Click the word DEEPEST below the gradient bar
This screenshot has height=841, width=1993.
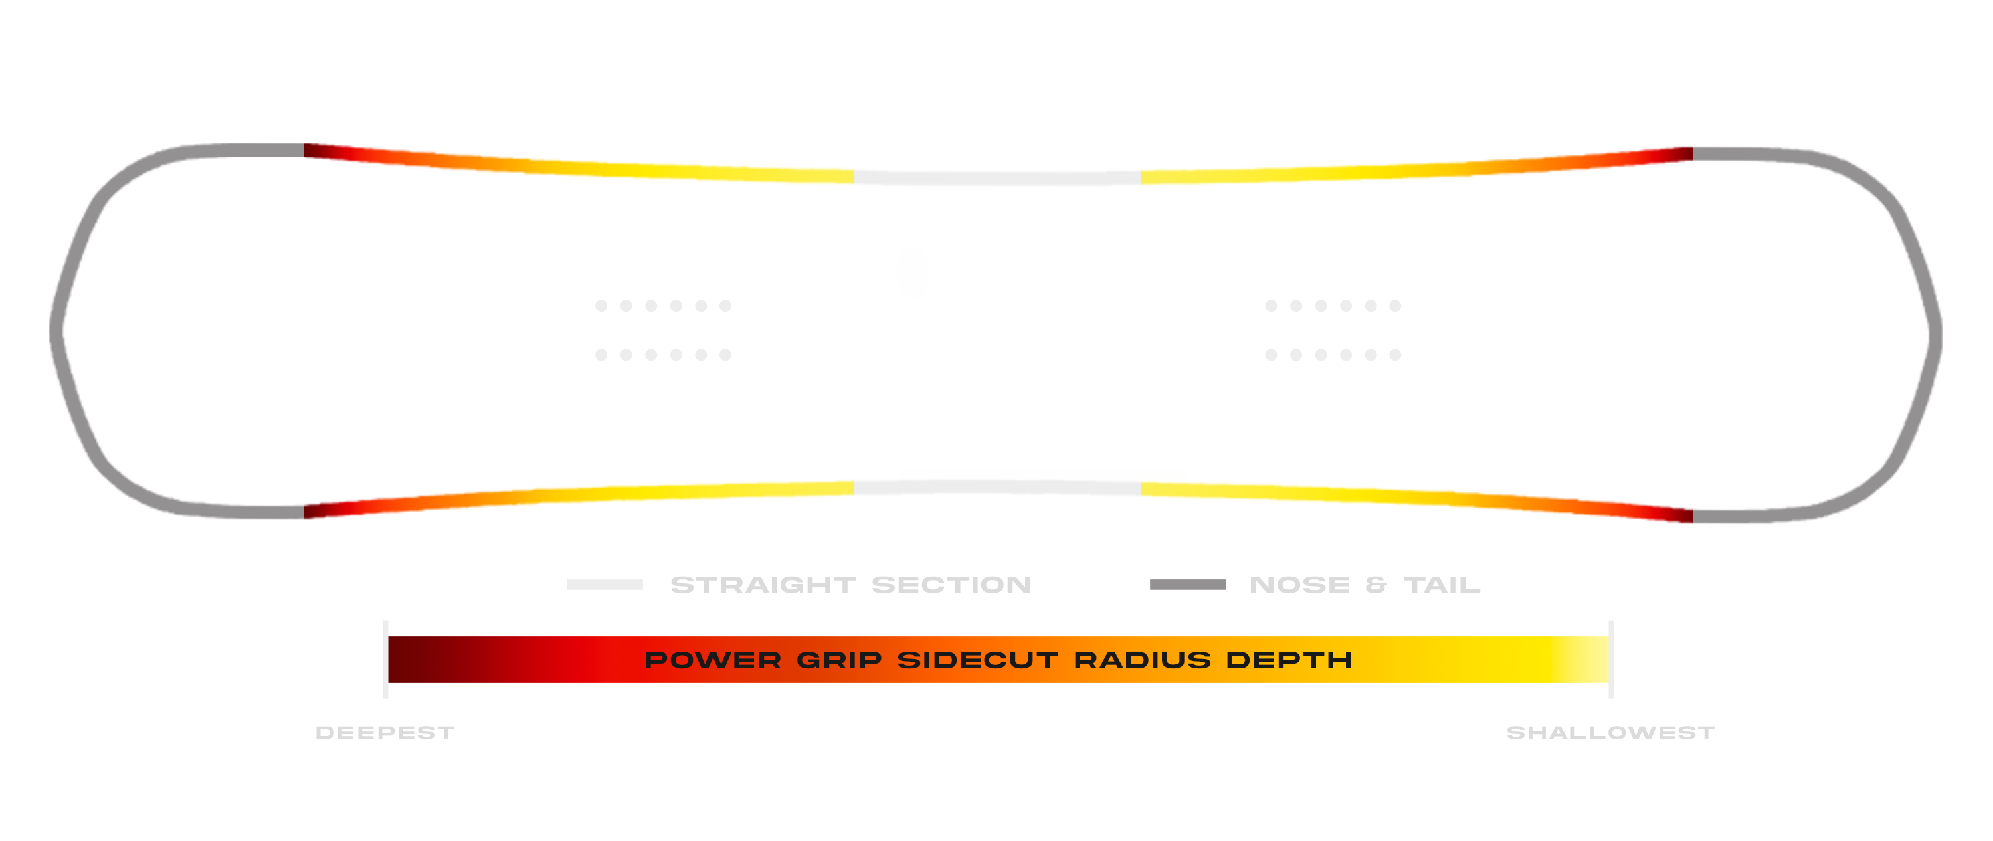tap(385, 732)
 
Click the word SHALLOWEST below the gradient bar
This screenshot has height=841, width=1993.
tap(1611, 732)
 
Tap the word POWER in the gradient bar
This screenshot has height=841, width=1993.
tap(713, 660)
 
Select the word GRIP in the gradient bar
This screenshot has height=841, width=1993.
tap(840, 660)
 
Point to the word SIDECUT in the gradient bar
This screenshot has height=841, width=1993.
tap(977, 660)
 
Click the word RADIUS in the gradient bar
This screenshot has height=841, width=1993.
tap(1142, 660)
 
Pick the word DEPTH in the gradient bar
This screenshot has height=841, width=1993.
tap(1289, 660)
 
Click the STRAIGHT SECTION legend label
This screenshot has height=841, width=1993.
tap(851, 584)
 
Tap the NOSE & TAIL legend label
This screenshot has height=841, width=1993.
tap(1365, 584)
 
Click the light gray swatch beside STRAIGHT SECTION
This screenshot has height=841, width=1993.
tap(605, 584)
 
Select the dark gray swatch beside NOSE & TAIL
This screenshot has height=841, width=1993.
tap(1188, 584)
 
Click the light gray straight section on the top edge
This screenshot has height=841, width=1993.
tap(997, 178)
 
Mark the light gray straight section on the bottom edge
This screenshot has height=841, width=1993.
tap(997, 488)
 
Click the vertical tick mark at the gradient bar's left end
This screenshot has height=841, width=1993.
tap(385, 659)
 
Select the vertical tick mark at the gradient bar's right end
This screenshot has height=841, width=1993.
tap(1611, 659)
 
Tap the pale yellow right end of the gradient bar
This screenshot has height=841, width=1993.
tap(1586, 659)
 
